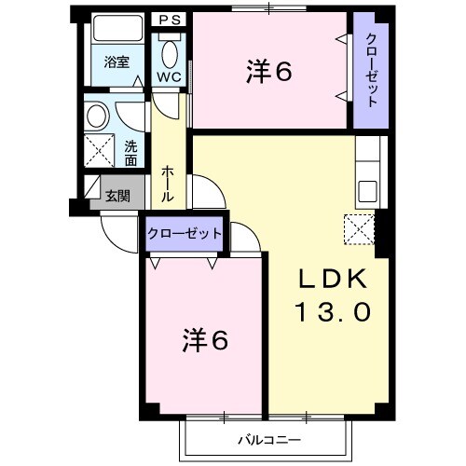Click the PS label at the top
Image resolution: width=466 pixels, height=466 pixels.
pyautogui.click(x=170, y=19)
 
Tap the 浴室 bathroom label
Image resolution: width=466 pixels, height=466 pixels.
pyautogui.click(x=116, y=62)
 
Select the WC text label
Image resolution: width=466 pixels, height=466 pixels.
pyautogui.click(x=169, y=75)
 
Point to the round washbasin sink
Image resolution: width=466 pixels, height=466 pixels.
pyautogui.click(x=96, y=116)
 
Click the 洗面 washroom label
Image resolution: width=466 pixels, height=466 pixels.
pyautogui.click(x=130, y=152)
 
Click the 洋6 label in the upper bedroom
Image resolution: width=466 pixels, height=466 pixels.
pyautogui.click(x=270, y=72)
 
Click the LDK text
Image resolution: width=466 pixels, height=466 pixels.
pyautogui.click(x=333, y=279)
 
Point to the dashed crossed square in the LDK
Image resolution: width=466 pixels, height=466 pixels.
pyautogui.click(x=359, y=228)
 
